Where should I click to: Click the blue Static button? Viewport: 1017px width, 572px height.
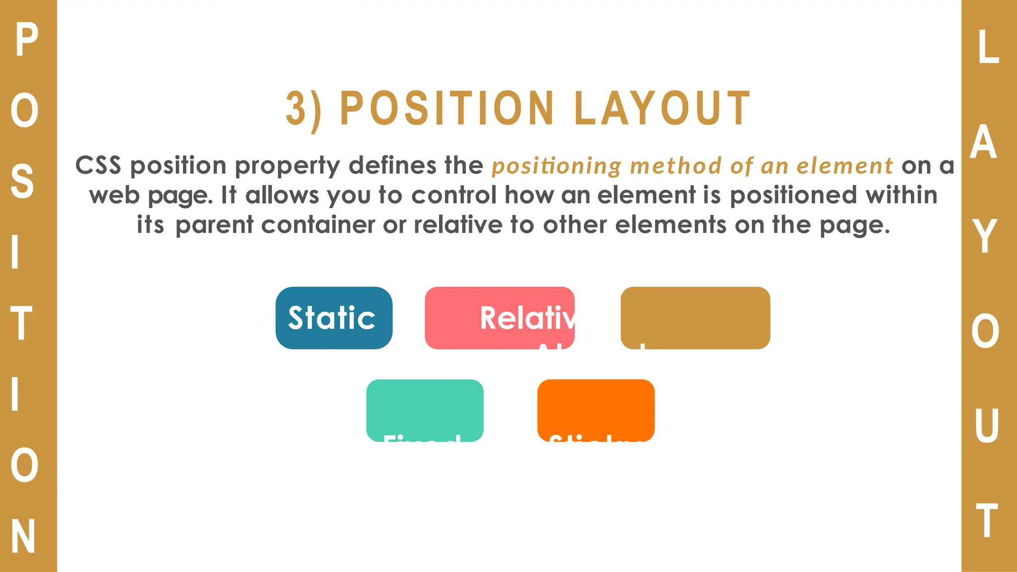[x=334, y=318]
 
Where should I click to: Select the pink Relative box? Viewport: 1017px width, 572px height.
[x=500, y=318]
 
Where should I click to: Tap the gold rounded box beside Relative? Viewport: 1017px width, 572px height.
[x=695, y=318]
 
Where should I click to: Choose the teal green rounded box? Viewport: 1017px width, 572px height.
[x=425, y=410]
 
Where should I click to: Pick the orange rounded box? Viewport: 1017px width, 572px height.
[x=596, y=410]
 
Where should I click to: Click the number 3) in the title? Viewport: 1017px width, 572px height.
[x=303, y=109]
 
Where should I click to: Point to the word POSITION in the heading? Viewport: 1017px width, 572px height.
[x=447, y=109]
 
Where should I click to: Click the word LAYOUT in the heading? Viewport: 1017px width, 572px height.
[x=662, y=109]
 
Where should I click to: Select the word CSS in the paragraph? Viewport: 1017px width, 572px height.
[x=98, y=165]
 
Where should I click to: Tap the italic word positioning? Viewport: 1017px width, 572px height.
[x=556, y=166]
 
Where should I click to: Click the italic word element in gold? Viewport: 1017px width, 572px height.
[x=845, y=166]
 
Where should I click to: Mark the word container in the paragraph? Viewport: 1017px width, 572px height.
[x=318, y=225]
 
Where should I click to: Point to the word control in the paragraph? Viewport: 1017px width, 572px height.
[x=454, y=195]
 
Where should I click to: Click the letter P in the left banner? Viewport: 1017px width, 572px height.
[x=26, y=41]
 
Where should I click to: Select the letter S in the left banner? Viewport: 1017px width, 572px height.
[x=22, y=182]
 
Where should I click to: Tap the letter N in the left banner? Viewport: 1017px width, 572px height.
[x=23, y=536]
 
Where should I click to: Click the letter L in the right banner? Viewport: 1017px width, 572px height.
[x=988, y=47]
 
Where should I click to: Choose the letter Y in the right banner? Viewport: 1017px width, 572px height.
[x=985, y=236]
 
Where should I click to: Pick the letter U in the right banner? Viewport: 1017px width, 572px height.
[x=986, y=426]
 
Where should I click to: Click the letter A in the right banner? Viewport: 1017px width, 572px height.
[x=984, y=142]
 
